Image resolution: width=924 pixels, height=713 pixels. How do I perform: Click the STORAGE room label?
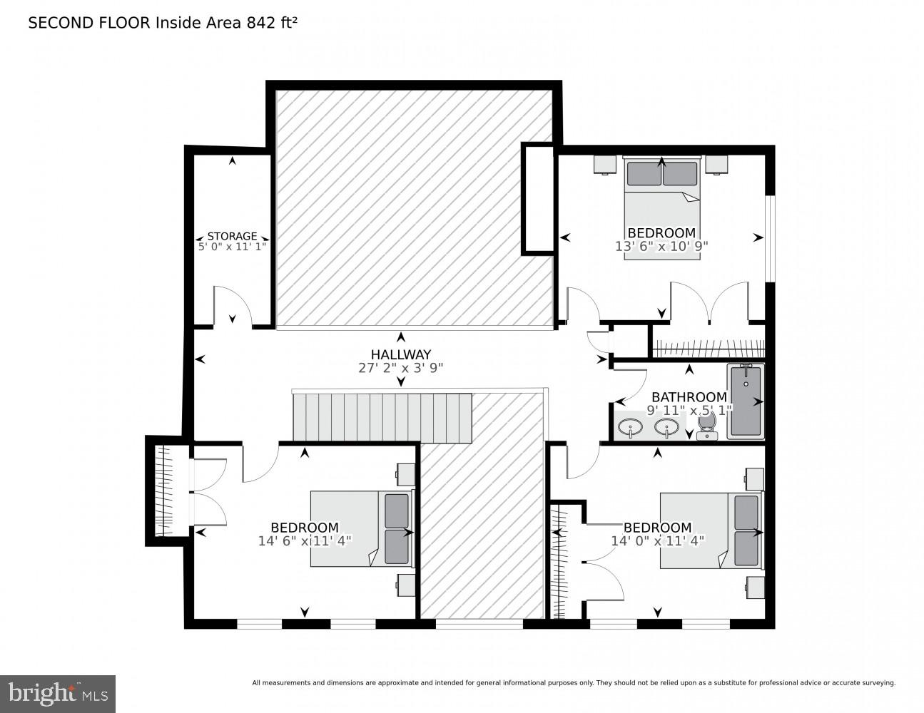[232, 236]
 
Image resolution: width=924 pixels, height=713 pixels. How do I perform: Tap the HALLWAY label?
[400, 354]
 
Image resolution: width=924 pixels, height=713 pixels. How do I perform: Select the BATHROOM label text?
[689, 397]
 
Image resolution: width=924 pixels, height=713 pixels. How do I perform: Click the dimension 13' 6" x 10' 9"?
[661, 246]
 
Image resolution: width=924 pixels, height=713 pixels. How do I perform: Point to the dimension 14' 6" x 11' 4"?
[305, 541]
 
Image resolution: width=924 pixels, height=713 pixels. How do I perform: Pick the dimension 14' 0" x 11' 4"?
[657, 540]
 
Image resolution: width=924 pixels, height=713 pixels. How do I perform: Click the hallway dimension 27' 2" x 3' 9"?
[400, 368]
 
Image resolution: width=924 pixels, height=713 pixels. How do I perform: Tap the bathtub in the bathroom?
[746, 401]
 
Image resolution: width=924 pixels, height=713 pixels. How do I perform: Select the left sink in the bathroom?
[630, 428]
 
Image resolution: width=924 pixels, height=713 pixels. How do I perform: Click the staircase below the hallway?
[382, 417]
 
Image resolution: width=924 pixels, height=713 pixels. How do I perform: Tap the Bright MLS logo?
[57, 693]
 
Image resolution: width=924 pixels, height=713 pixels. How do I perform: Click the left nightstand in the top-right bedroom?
[605, 165]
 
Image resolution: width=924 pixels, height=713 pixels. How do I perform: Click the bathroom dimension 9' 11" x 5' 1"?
[689, 410]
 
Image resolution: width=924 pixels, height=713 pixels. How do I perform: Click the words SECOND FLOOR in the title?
[89, 23]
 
